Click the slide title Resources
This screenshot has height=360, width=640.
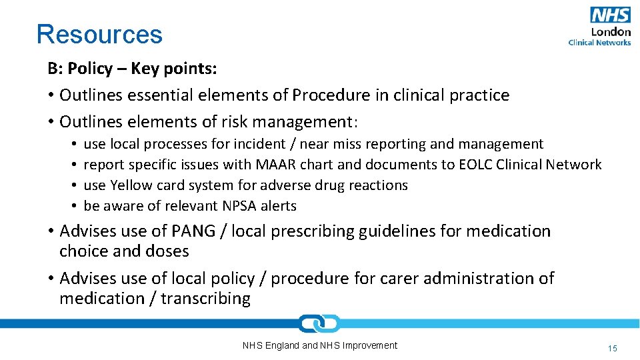pos(99,34)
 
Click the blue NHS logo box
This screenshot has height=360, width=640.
pos(610,15)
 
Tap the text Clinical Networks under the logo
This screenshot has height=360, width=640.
pos(599,42)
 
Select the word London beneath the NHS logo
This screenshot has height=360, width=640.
pos(611,31)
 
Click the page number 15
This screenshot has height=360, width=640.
pos(613,348)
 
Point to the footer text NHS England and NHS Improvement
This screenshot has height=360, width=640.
pos(319,345)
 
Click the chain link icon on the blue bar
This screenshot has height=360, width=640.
pos(319,324)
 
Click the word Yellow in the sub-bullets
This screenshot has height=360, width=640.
pos(132,185)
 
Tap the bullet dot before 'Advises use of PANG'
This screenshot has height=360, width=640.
pos(51,231)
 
